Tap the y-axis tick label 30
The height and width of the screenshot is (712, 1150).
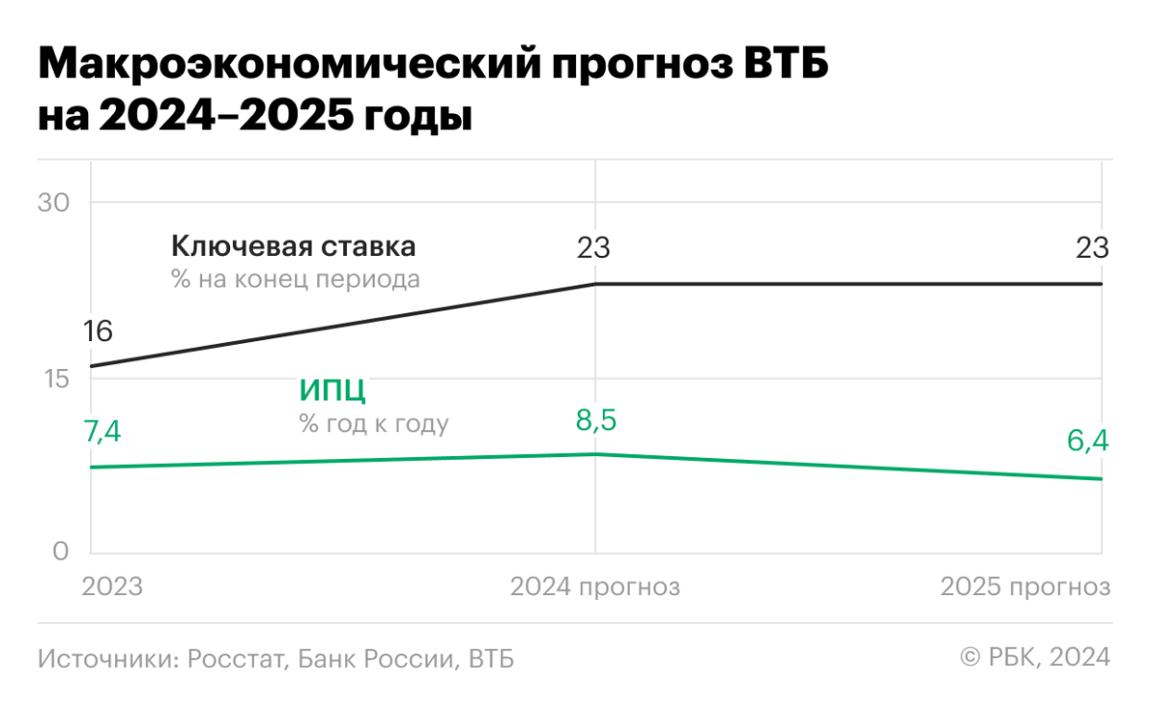pyautogui.click(x=55, y=203)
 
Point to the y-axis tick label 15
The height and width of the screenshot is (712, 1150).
pyautogui.click(x=55, y=379)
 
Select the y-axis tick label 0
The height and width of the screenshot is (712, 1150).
pyautogui.click(x=60, y=551)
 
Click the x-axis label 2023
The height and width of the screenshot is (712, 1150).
pyautogui.click(x=112, y=586)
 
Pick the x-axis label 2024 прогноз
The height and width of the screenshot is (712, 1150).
pyautogui.click(x=595, y=586)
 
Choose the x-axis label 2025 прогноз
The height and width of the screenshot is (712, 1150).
pyautogui.click(x=1025, y=586)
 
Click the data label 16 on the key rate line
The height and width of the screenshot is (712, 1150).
pyautogui.click(x=98, y=332)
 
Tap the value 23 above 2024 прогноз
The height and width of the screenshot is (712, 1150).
pyautogui.click(x=593, y=249)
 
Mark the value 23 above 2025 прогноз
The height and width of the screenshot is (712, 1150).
pyautogui.click(x=1092, y=249)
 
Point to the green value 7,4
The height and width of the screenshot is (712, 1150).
pyautogui.click(x=103, y=432)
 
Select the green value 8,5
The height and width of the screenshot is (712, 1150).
pyautogui.click(x=595, y=420)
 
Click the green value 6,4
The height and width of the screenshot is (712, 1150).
pyautogui.click(x=1088, y=442)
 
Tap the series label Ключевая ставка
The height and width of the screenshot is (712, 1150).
pyautogui.click(x=293, y=247)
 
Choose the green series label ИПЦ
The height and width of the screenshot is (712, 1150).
pyautogui.click(x=333, y=391)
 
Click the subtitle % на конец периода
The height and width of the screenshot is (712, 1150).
pyautogui.click(x=295, y=280)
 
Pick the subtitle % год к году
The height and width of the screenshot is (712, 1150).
pyautogui.click(x=374, y=424)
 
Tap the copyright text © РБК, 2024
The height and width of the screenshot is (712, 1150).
pyautogui.click(x=1035, y=657)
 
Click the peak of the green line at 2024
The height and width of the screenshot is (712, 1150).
pyautogui.click(x=595, y=454)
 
